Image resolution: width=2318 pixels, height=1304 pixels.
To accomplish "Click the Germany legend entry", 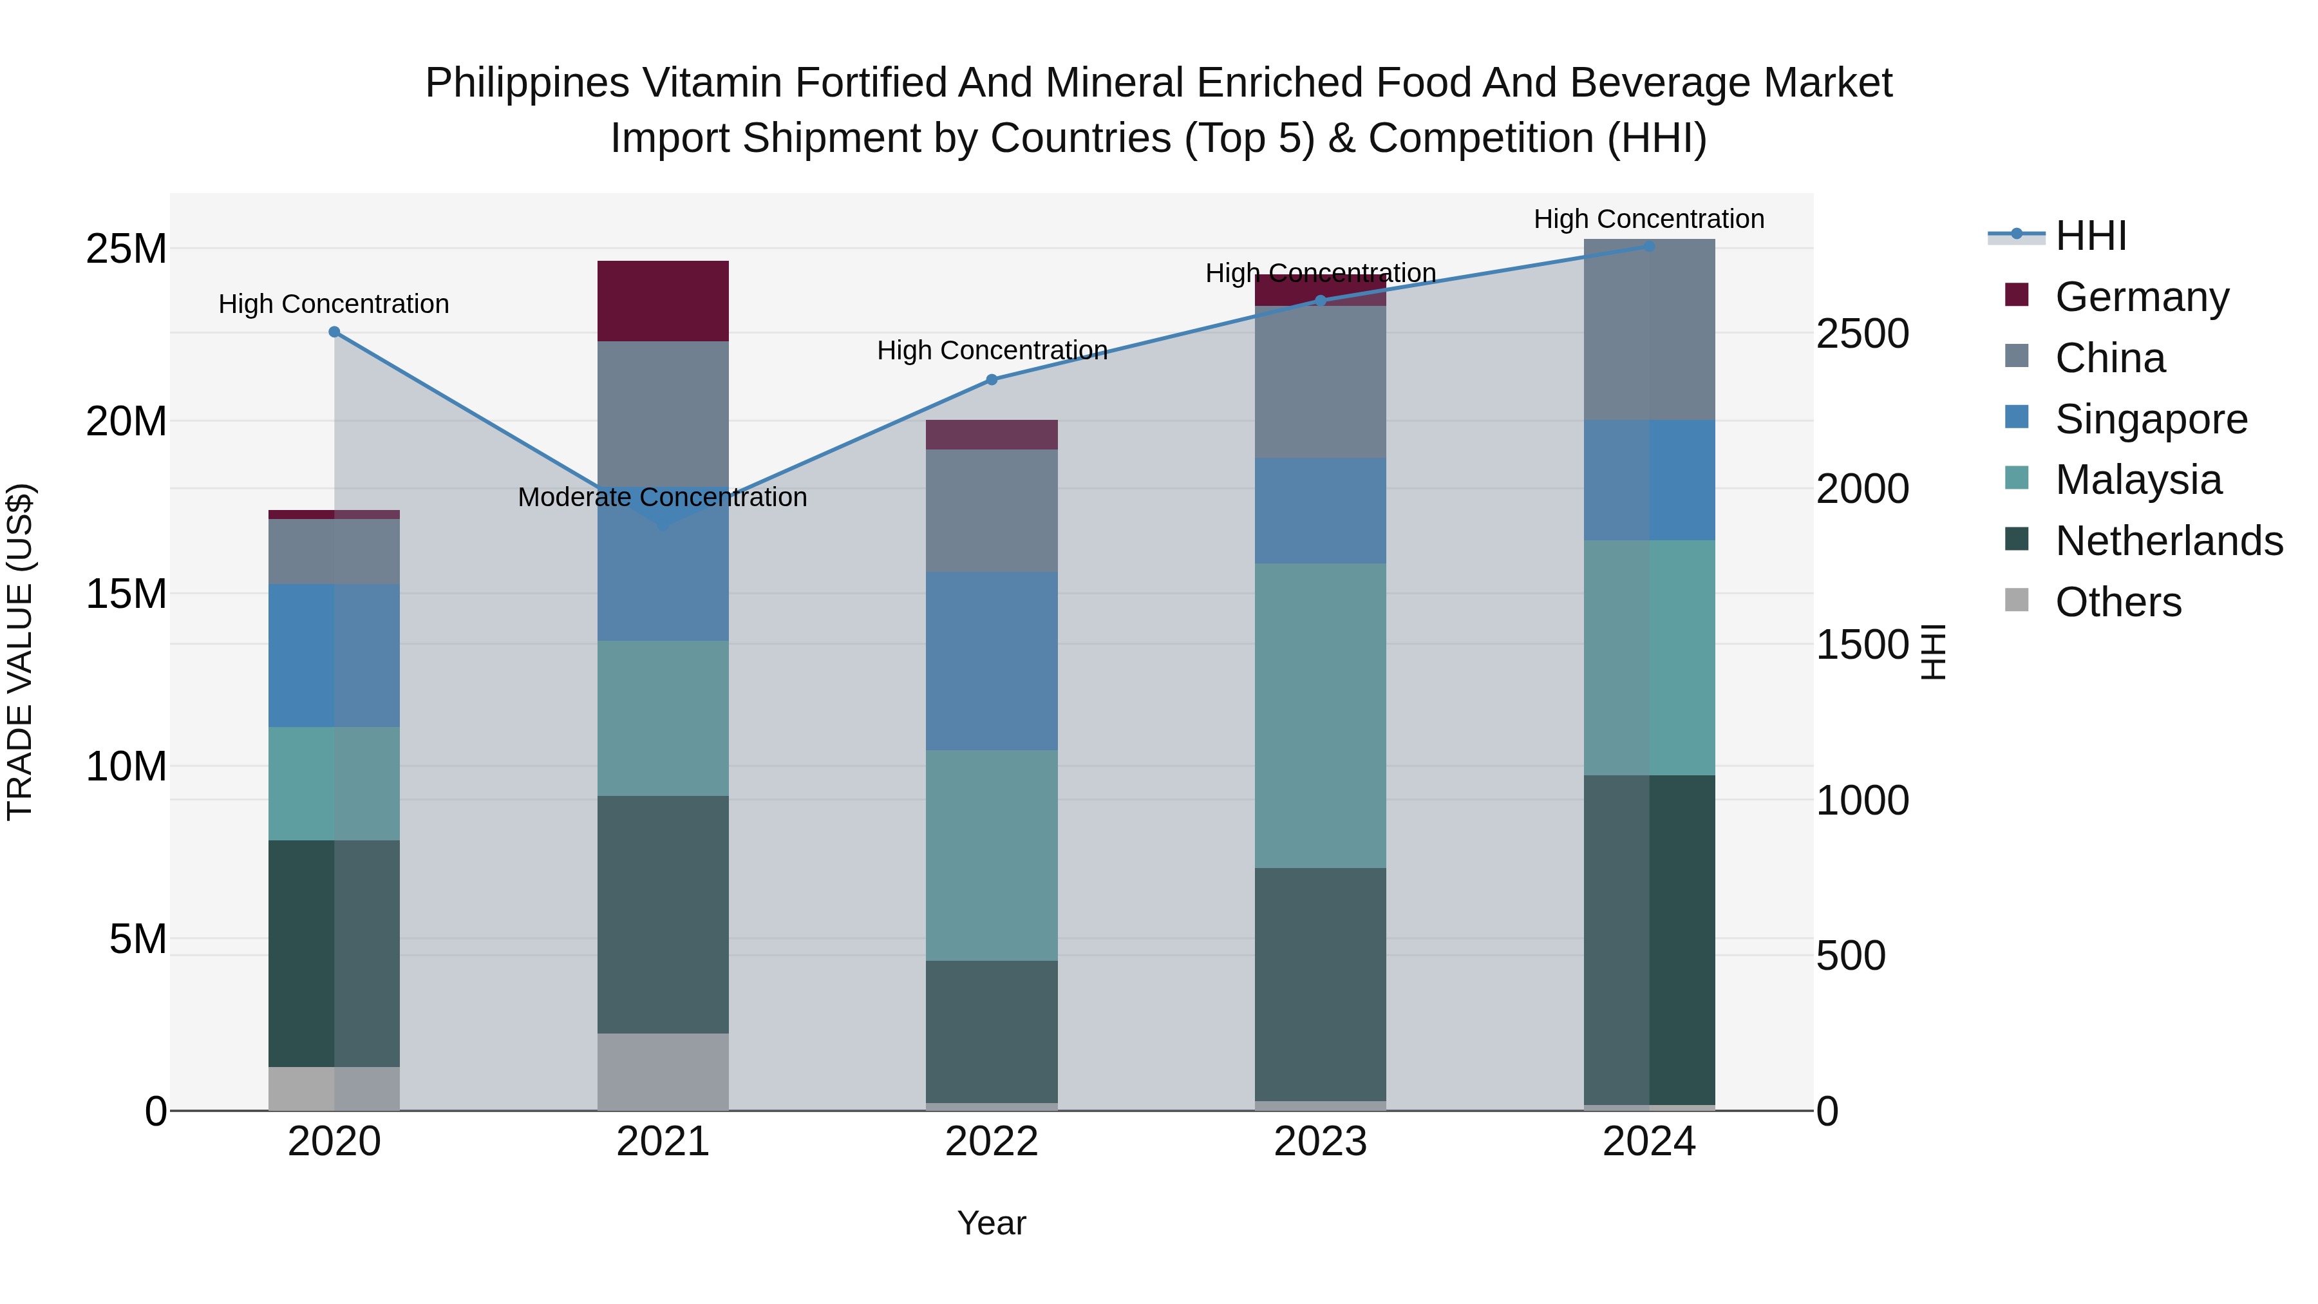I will pos(2142,297).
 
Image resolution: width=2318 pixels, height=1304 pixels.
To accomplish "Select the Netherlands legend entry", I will pos(2169,541).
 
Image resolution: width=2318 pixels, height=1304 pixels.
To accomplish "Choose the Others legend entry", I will pos(2118,602).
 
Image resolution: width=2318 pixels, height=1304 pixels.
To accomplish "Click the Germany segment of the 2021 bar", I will pos(663,301).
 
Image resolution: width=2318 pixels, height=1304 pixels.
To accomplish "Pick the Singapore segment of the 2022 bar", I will pos(992,661).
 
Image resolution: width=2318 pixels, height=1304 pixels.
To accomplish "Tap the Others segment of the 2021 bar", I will pos(663,1071).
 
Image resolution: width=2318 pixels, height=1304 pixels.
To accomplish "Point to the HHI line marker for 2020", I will pos(334,332).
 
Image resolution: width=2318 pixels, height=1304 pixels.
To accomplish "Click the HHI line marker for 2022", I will pos(992,380).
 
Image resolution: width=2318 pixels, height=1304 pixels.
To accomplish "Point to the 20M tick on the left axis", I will pos(126,421).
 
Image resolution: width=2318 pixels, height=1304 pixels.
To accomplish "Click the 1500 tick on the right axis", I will pos(1861,645).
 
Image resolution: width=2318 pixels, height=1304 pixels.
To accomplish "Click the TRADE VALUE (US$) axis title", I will pos(20,652).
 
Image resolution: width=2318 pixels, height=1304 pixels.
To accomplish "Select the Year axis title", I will pos(992,1223).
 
